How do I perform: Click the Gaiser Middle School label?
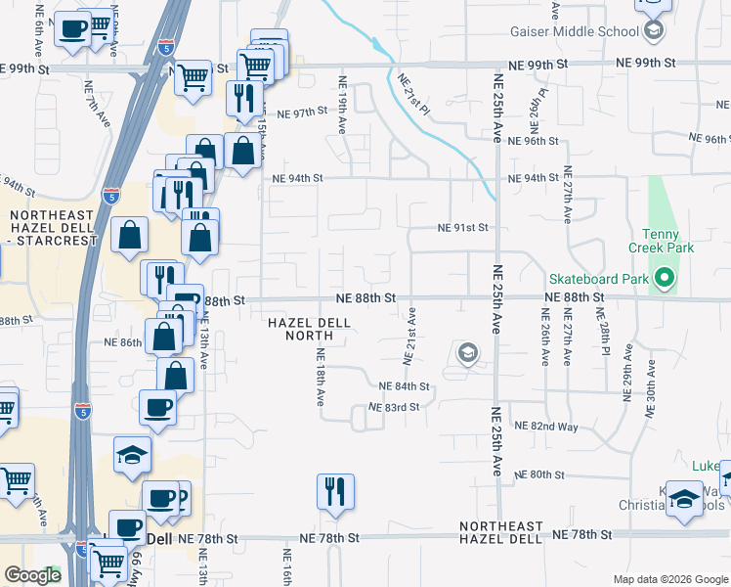[x=574, y=31]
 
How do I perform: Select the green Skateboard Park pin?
[x=666, y=280]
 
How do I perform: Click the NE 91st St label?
[x=460, y=228]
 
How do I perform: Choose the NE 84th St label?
[x=404, y=386]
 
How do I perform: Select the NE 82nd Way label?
[x=546, y=426]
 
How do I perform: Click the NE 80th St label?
[x=539, y=474]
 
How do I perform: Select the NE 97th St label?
[x=299, y=113]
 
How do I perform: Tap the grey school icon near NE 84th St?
[x=467, y=353]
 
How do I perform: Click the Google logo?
[x=32, y=575]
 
